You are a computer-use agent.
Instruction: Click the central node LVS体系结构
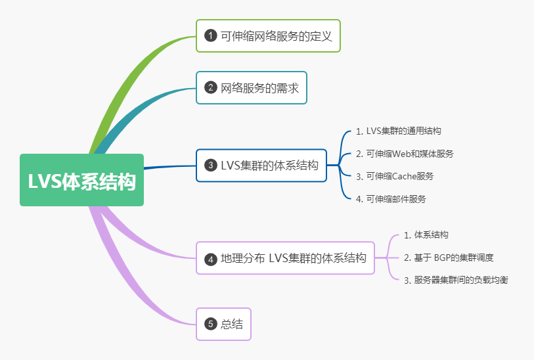point(81,180)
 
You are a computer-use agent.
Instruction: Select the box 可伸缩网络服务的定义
point(268,36)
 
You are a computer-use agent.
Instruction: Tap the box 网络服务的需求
point(252,87)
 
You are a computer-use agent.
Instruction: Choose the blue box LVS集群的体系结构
point(261,166)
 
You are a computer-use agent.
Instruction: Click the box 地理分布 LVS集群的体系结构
point(285,258)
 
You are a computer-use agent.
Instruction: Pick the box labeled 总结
point(223,323)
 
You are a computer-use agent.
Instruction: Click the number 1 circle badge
point(211,36)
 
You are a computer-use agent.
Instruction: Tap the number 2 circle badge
point(211,87)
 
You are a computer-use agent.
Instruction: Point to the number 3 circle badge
point(211,166)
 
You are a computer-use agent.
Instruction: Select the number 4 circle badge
point(211,259)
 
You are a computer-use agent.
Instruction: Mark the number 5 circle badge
point(211,323)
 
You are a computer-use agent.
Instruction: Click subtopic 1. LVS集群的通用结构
point(399,131)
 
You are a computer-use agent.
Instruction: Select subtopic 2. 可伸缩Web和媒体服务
point(405,154)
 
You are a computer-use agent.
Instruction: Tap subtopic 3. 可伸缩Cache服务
point(395,176)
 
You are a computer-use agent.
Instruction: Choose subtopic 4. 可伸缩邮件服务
point(391,199)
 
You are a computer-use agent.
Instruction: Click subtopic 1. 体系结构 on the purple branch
point(426,235)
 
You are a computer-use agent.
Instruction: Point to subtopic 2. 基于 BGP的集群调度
point(448,258)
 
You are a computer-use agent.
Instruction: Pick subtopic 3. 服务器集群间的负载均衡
point(456,280)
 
